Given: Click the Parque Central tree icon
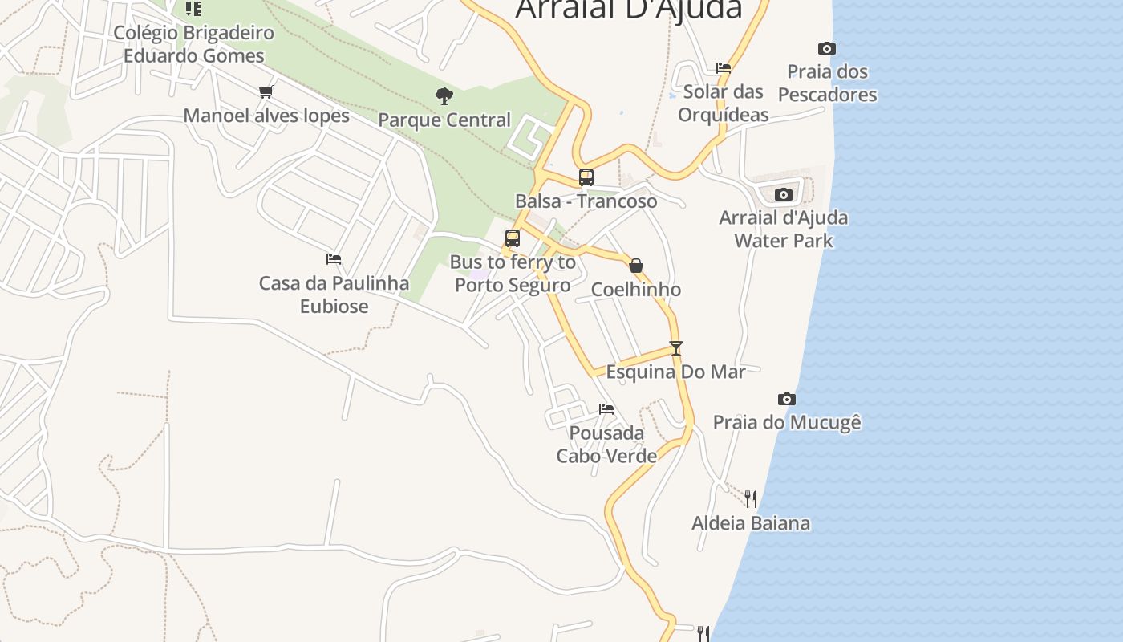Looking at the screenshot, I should point(444,96).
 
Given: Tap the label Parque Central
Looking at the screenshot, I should point(444,120).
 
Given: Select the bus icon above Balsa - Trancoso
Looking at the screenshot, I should point(586,177).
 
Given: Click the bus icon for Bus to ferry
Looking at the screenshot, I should point(513,238).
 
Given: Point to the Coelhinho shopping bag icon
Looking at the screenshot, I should point(636,266).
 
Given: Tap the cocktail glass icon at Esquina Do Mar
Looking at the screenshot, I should point(676,348).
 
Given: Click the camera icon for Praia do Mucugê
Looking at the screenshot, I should point(787,399).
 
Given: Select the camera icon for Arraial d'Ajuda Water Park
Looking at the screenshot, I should point(784,194).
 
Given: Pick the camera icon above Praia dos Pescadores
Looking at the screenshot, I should point(827,48).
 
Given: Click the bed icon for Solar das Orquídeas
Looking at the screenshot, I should point(724,68).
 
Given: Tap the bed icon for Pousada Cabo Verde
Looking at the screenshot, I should point(606,409).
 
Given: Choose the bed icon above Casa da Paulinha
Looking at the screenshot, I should point(334,259).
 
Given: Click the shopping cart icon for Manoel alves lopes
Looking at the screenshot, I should point(266,92).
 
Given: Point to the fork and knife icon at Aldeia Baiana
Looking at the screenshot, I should point(751,499).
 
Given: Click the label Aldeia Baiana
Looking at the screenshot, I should point(751,523).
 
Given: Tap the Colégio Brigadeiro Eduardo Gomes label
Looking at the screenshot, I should point(193,44).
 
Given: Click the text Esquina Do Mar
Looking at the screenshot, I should point(675,372).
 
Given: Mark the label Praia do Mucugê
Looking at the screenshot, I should point(787,422).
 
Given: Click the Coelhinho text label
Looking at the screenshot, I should point(636,290).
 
